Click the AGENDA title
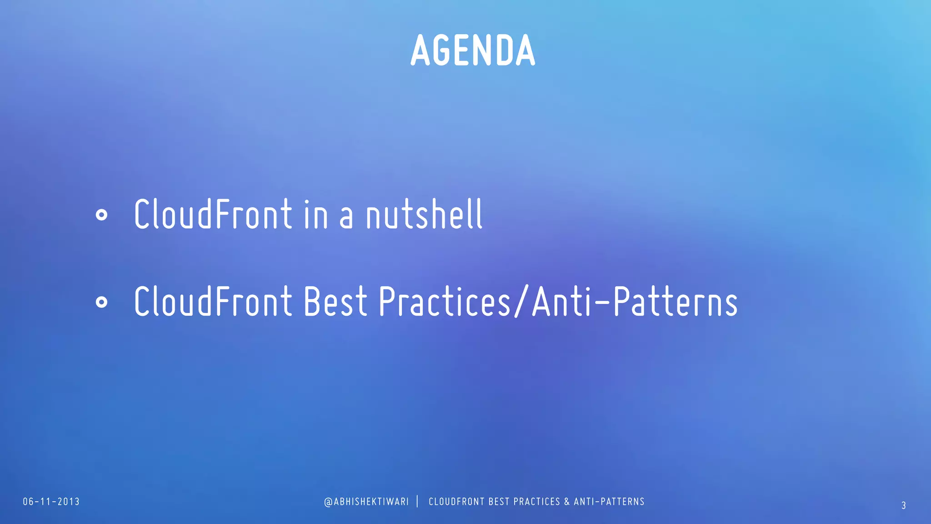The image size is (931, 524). click(473, 50)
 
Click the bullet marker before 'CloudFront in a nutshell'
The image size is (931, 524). click(102, 215)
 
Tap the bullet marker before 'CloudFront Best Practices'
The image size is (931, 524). click(102, 302)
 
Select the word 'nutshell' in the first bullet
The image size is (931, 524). click(424, 214)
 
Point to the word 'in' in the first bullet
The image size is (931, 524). click(315, 214)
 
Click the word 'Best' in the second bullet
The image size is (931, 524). click(335, 302)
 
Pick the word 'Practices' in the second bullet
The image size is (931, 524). click(444, 302)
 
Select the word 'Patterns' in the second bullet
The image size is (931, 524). click(676, 302)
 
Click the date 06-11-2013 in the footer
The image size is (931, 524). click(51, 502)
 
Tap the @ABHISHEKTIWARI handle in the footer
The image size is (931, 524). click(366, 502)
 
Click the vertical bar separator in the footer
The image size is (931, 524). click(418, 501)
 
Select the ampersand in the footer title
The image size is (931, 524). click(567, 502)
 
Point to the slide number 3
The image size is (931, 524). click(904, 505)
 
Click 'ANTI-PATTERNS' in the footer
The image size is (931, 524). click(609, 502)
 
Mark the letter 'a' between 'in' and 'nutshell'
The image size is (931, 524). click(346, 217)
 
